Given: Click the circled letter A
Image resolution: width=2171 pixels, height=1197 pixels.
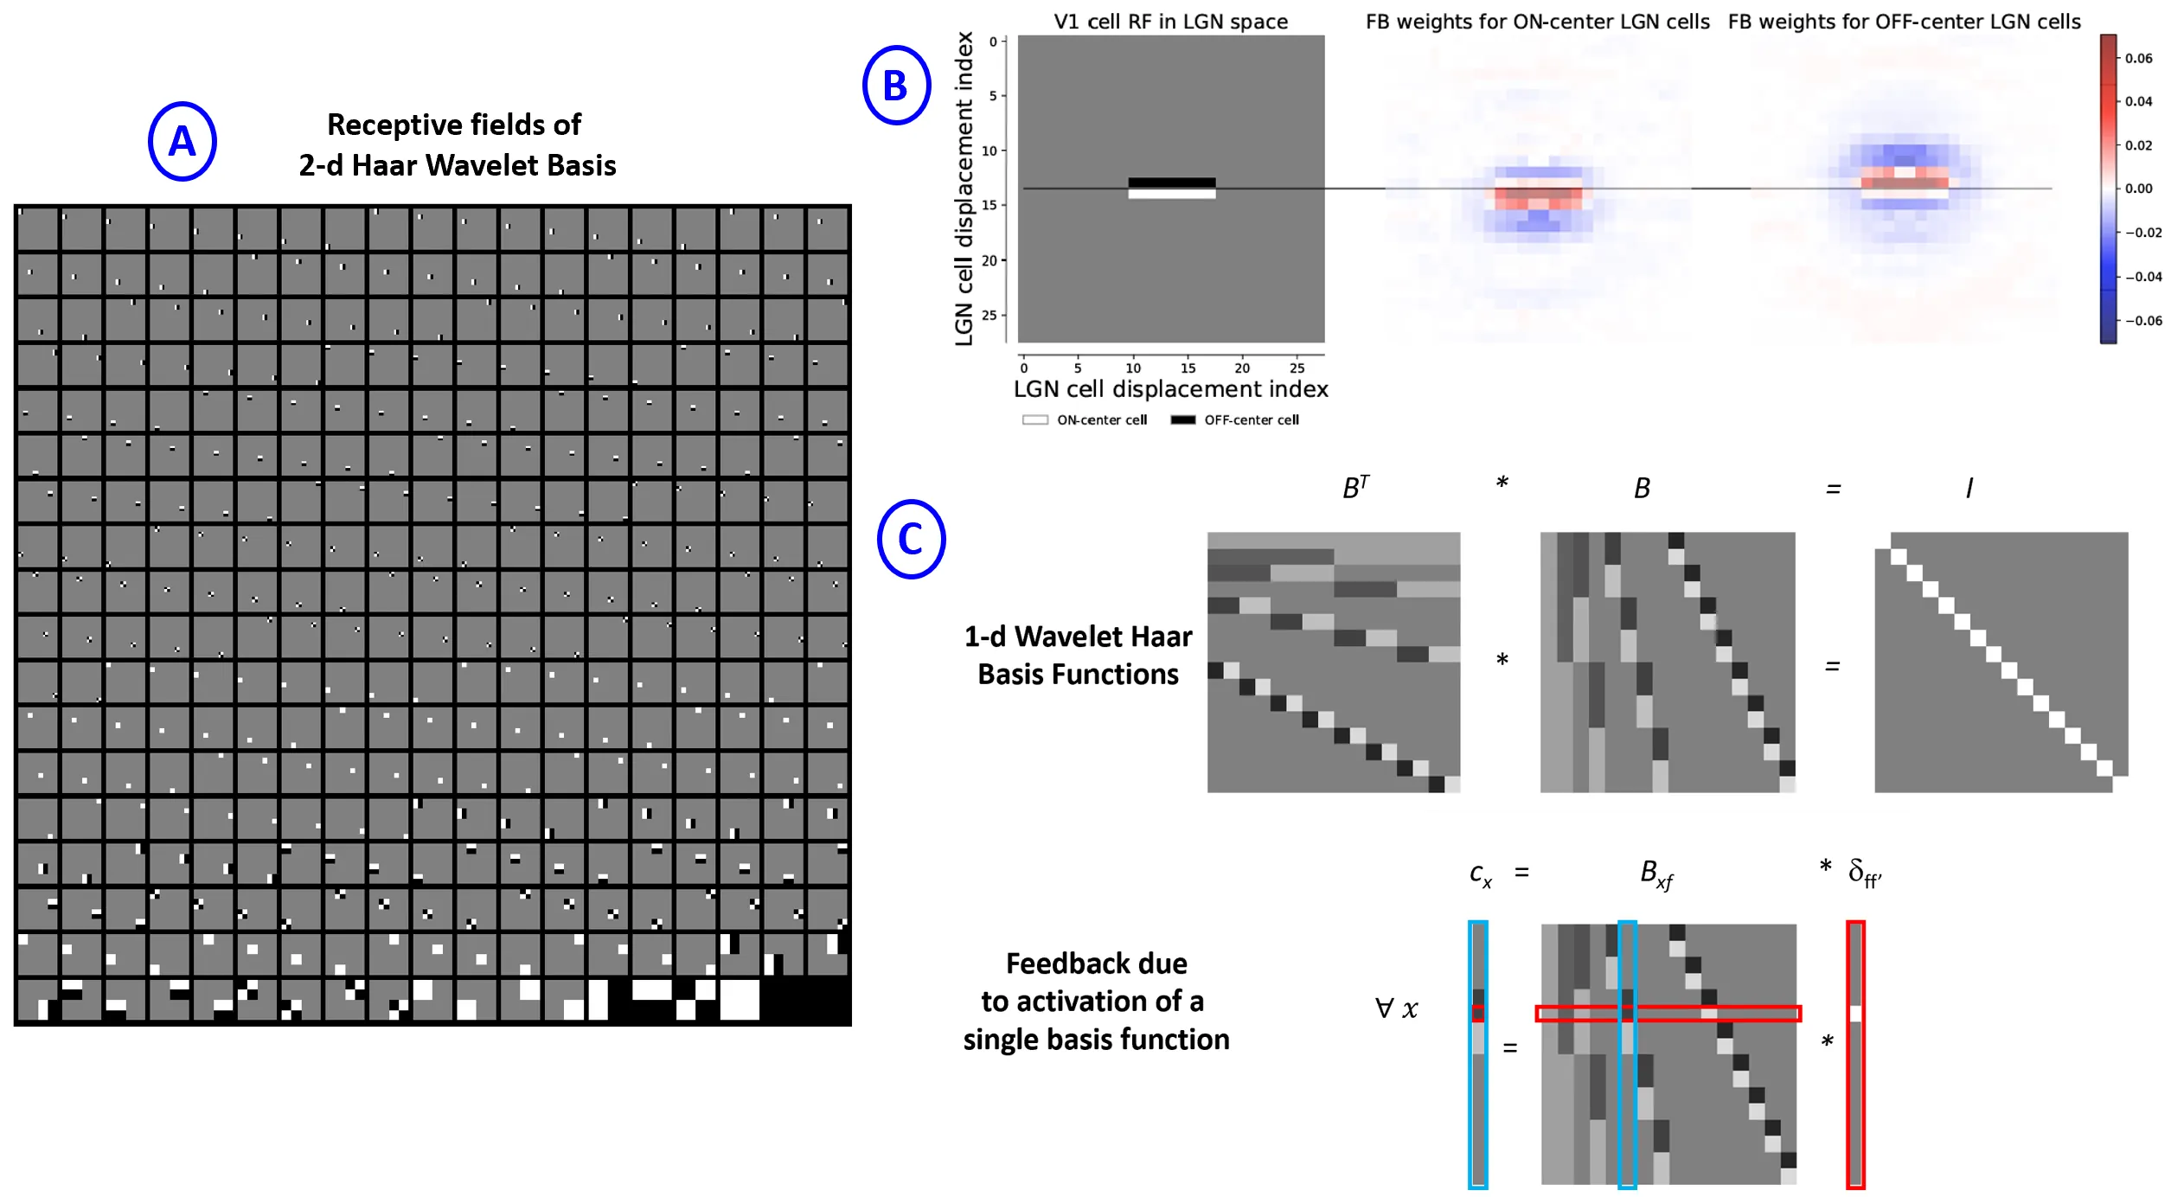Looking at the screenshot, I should [x=182, y=141].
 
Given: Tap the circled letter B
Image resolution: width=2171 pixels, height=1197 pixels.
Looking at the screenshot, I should [x=896, y=85].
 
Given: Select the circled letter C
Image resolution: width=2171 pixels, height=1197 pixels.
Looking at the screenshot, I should [x=911, y=539].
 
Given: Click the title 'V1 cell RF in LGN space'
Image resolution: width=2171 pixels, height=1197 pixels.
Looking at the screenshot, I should [x=1170, y=22].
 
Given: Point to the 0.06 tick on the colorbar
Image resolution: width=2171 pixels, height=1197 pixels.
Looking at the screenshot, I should [x=2138, y=58].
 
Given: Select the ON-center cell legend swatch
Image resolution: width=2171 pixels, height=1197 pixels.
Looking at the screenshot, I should [x=1034, y=420].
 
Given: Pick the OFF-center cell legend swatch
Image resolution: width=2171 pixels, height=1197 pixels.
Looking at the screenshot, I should [x=1182, y=420].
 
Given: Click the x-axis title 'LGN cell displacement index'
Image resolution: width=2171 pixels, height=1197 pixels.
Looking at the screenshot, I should [x=1170, y=389].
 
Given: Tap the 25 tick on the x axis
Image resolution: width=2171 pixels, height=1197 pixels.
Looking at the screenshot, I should [x=1297, y=368].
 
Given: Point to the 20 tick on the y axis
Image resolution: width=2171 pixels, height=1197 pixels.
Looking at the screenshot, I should [x=989, y=260].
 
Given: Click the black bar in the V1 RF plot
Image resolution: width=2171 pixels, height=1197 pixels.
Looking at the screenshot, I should [x=1171, y=182].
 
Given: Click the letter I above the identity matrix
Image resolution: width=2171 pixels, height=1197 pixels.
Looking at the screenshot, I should [x=1969, y=489].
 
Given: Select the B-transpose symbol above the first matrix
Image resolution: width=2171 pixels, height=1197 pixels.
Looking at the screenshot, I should [x=1355, y=488].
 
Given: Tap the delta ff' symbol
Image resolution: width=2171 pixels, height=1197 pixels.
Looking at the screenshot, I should [x=1864, y=873].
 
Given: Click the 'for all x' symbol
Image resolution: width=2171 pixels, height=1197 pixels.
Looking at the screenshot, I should [x=1397, y=1008].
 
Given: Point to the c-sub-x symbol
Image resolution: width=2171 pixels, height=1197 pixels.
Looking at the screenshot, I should [x=1481, y=874].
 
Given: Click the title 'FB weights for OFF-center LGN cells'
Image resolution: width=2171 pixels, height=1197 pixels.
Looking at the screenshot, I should [x=1904, y=22].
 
